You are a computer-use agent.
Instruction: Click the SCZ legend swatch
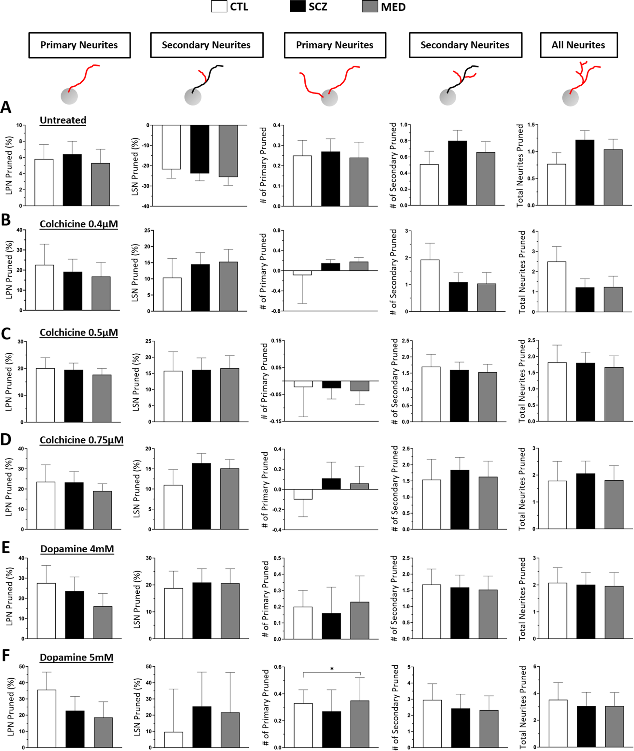coord(297,6)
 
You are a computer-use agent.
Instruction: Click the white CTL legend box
coord(219,6)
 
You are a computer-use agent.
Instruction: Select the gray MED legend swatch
coord(370,6)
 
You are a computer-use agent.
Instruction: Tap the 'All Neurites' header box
coord(578,45)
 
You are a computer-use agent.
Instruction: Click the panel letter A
coord(6,107)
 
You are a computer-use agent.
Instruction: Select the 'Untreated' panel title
coord(63,120)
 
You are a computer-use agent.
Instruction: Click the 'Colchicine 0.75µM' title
coord(81,440)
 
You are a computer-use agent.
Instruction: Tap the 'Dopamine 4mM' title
coord(77,549)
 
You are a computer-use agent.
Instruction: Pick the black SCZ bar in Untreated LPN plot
coord(72,180)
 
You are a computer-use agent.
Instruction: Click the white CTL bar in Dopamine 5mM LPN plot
coord(47,718)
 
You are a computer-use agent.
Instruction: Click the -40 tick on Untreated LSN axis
coord(145,206)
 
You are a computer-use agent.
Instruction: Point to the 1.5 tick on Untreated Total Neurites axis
coord(531,125)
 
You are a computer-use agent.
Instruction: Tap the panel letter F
coord(6,656)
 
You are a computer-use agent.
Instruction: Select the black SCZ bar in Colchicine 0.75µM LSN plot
coord(201,496)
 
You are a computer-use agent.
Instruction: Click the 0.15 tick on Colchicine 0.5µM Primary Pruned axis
coord(276,341)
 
